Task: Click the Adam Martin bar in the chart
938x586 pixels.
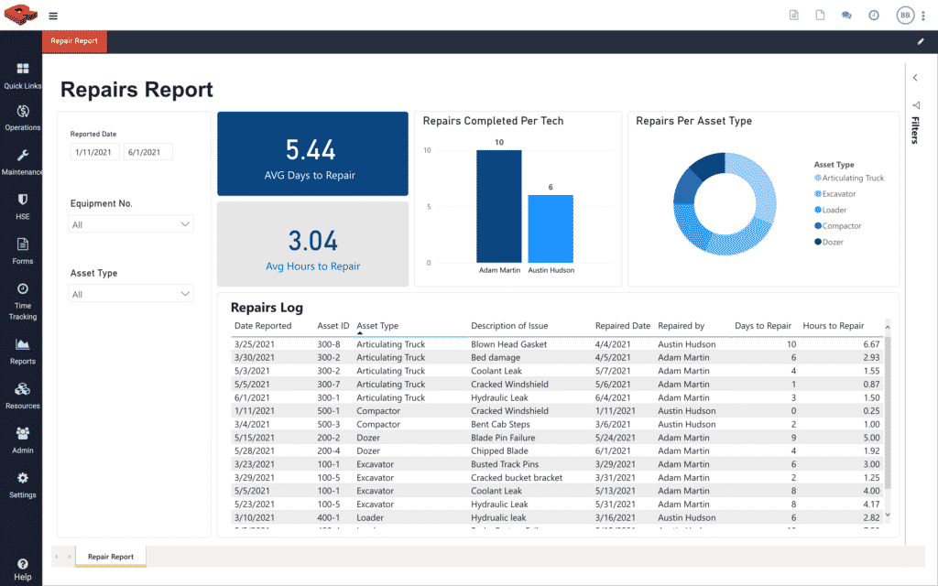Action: pos(498,206)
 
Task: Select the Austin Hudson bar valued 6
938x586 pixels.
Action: pos(551,229)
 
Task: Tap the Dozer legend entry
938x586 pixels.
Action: pos(832,242)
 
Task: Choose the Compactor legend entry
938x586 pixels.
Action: pos(841,226)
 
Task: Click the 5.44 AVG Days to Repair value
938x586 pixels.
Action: pos(311,150)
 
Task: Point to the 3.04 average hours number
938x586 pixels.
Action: pos(312,241)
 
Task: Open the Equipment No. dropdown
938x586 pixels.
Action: pos(131,224)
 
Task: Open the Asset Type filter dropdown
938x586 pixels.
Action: pos(131,294)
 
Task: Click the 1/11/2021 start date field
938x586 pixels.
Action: pos(94,152)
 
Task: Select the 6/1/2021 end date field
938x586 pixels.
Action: pos(147,152)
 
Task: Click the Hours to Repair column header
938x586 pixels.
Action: pos(833,326)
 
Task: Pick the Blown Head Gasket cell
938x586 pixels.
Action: pos(508,344)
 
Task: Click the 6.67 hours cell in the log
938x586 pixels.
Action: pos(870,344)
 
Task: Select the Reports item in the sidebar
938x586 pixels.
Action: pos(22,352)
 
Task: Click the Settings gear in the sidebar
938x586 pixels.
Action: pos(22,484)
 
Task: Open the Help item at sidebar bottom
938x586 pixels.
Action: pos(22,570)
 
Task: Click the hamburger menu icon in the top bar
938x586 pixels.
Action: pos(53,16)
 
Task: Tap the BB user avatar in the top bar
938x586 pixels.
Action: pos(905,15)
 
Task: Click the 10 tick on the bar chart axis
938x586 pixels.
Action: pos(426,149)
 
